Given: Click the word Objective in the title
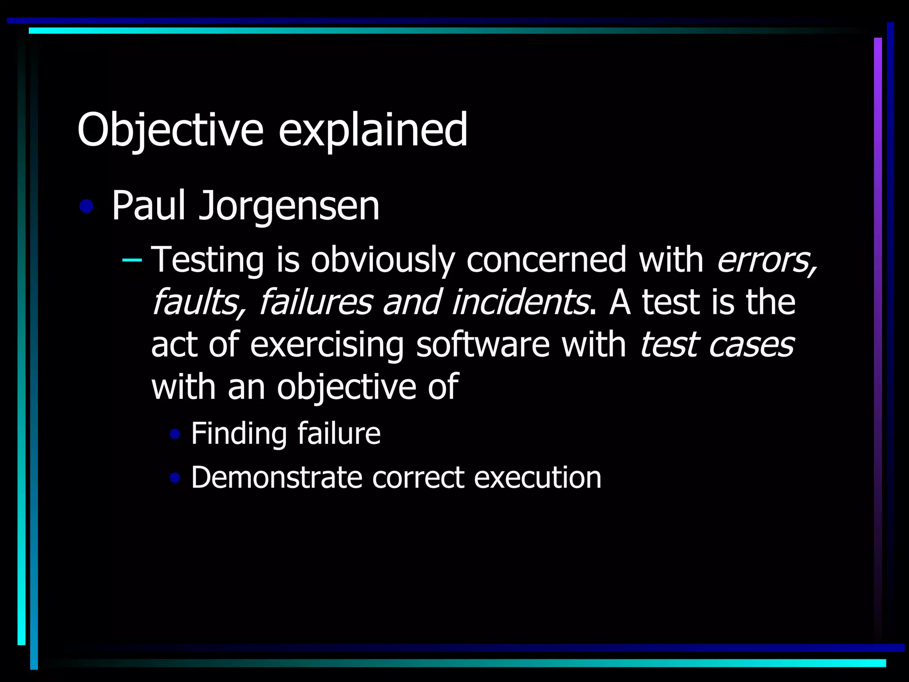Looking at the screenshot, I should click(x=170, y=130).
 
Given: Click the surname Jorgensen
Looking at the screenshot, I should click(x=289, y=206).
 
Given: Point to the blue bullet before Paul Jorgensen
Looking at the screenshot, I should click(x=87, y=206).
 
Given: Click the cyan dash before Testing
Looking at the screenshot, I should click(x=132, y=259).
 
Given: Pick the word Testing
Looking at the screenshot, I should click(x=208, y=260).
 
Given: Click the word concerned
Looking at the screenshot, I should click(x=546, y=259).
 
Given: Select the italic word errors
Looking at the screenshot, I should click(x=766, y=260).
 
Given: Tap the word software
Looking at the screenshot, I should click(x=483, y=345).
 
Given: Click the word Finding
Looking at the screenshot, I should click(x=238, y=434).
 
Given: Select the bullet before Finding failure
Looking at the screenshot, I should click(x=175, y=434).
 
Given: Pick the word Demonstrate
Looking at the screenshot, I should click(x=277, y=478).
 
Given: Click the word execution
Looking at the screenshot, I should click(x=537, y=478).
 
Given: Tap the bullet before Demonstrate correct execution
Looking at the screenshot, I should click(x=175, y=478).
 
